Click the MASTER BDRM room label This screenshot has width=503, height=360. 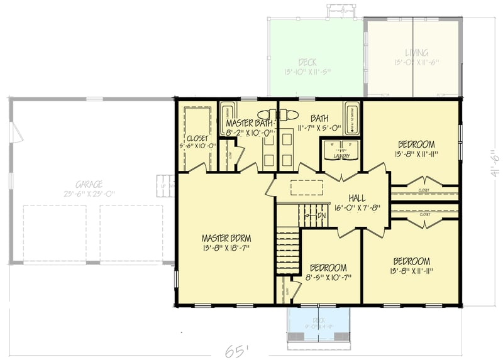226,238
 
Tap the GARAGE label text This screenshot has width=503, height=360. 89,184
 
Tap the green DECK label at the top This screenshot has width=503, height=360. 307,62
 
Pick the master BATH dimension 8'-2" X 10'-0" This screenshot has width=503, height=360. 250,133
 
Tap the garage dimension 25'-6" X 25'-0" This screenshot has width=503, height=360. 89,195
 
